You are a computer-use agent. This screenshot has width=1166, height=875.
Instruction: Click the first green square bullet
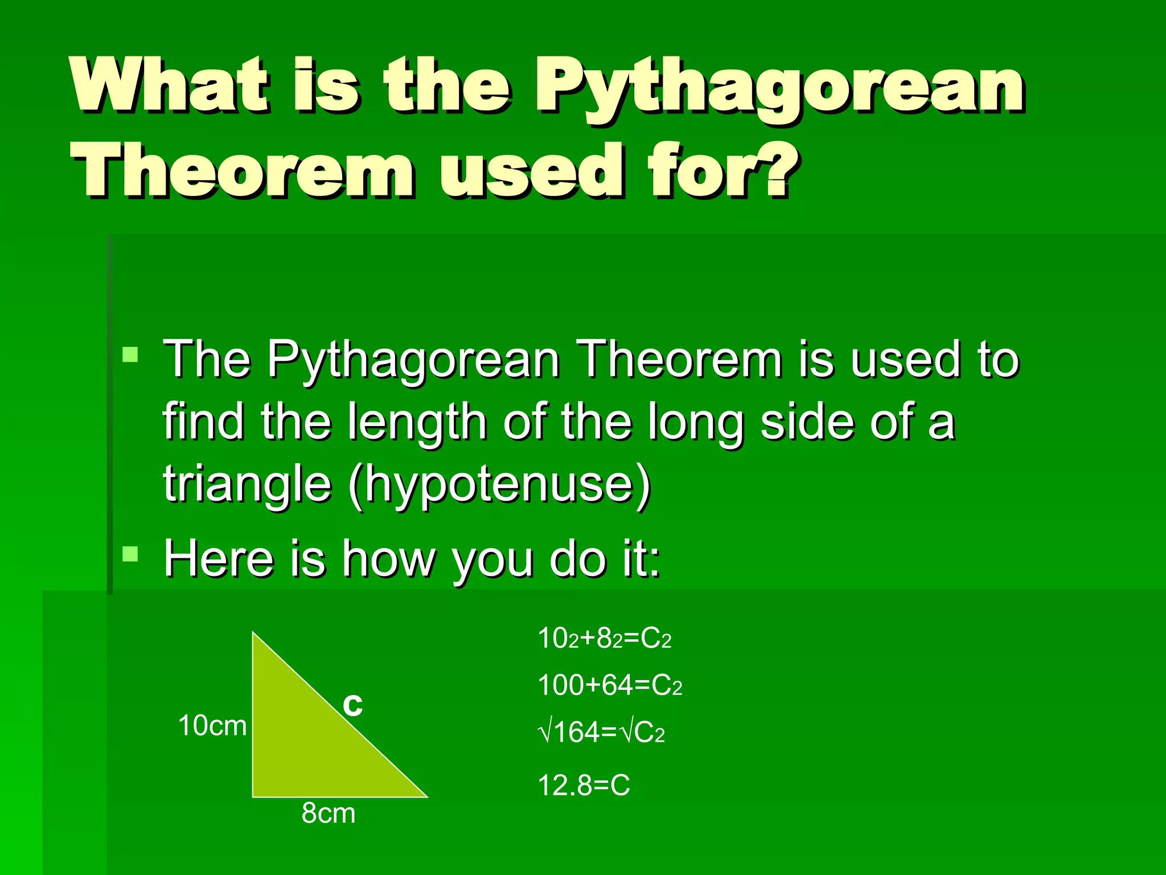click(130, 355)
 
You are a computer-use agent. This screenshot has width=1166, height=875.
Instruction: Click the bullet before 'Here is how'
click(130, 554)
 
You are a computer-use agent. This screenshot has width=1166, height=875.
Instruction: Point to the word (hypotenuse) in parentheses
click(499, 484)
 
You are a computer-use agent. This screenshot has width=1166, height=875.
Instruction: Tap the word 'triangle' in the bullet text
click(247, 484)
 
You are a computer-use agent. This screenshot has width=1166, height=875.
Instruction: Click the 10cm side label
click(212, 726)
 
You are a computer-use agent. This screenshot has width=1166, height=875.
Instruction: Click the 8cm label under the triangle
click(329, 813)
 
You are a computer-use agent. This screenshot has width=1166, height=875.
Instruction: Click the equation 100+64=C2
click(610, 685)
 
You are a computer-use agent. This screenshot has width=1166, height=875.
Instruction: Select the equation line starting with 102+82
click(604, 638)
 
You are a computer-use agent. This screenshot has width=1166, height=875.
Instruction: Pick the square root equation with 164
click(601, 732)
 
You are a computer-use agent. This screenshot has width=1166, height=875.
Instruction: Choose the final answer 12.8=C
click(584, 785)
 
